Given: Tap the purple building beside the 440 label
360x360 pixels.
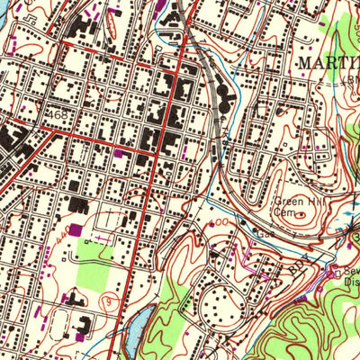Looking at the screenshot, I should point(75,231).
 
